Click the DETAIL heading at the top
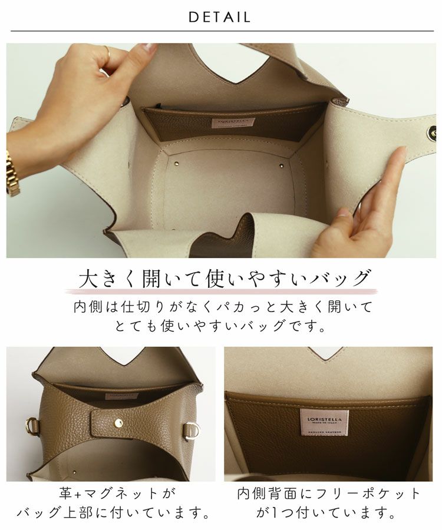tap(220, 17)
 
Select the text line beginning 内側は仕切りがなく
tap(222, 306)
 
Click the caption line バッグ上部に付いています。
tap(113, 514)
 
